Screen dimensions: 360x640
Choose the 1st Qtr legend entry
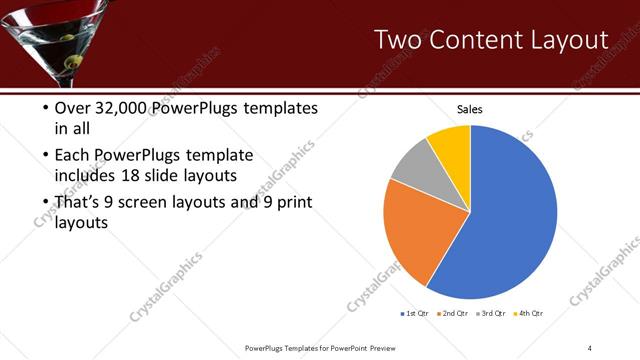(x=414, y=314)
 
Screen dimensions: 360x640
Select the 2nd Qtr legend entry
(x=452, y=314)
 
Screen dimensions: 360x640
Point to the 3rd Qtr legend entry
(x=490, y=314)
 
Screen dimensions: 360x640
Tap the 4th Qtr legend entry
(x=527, y=314)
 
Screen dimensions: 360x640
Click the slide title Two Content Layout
(x=490, y=40)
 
